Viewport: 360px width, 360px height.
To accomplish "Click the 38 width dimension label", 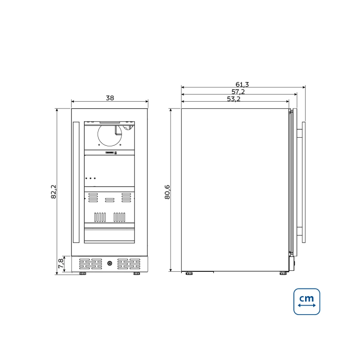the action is (x=110, y=98).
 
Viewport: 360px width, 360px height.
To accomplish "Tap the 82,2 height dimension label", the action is (x=54, y=192).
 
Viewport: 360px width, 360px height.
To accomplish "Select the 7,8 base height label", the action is (x=61, y=264).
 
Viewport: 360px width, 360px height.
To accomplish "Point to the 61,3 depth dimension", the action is (x=242, y=85).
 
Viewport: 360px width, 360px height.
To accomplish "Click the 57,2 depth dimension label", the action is (x=238, y=92).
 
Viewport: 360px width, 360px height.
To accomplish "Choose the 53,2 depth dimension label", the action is (x=234, y=99).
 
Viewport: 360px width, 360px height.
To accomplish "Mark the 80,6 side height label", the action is (x=167, y=192).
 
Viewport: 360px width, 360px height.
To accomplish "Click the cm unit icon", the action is (x=307, y=301).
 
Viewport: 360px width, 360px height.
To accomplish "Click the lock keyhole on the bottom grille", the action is (x=110, y=263).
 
